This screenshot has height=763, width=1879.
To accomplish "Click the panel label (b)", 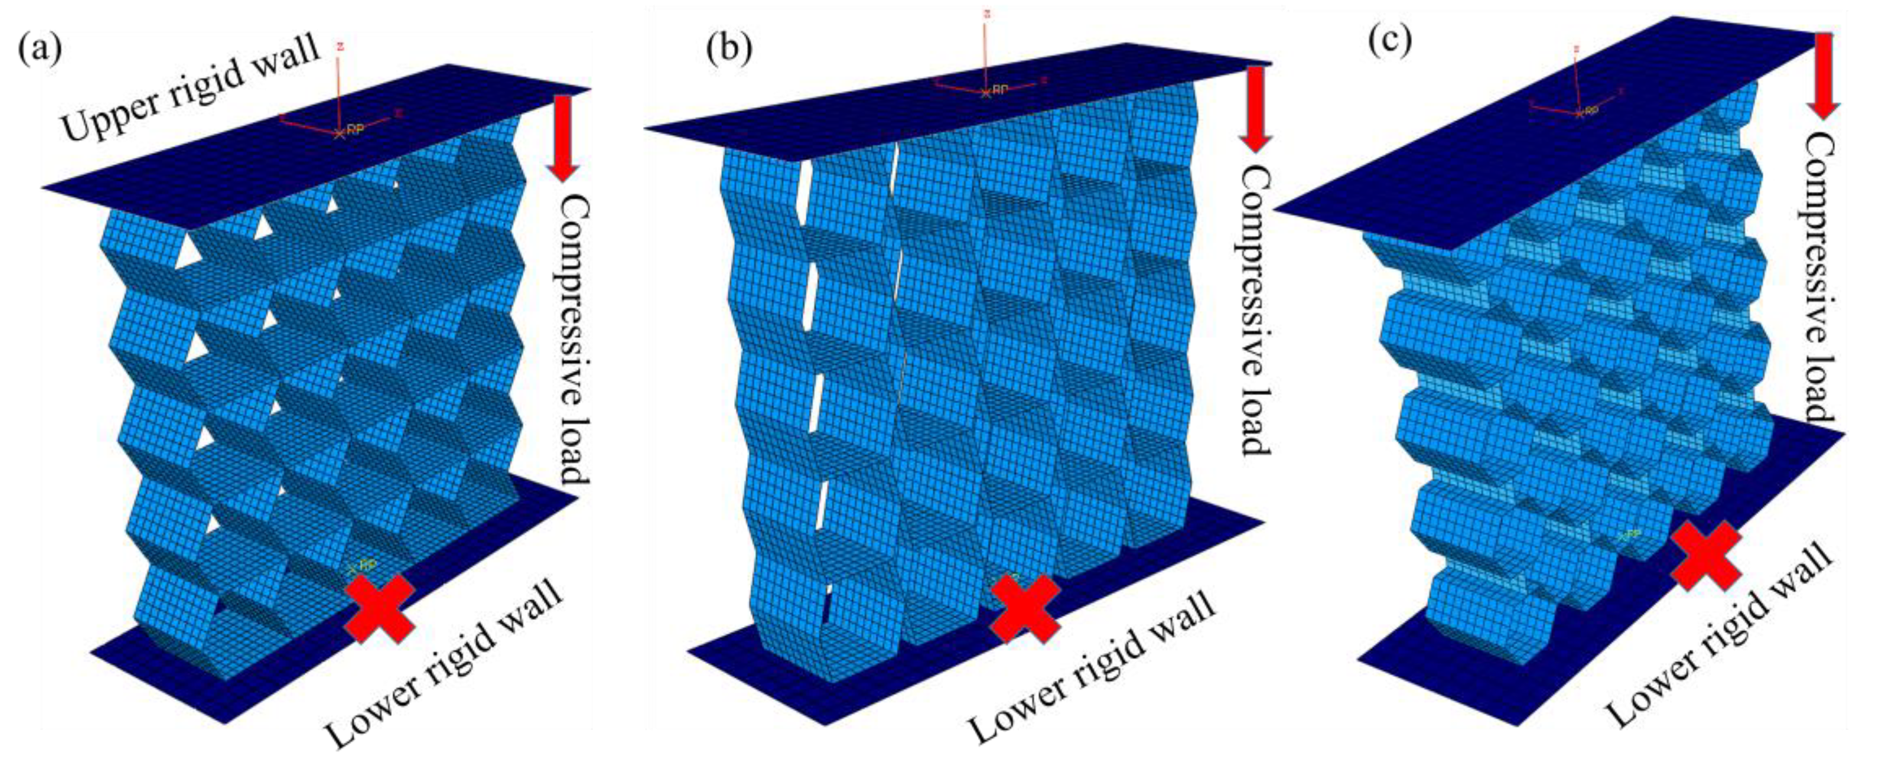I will pos(729,48).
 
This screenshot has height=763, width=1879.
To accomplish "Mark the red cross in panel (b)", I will pos(1025,607).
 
